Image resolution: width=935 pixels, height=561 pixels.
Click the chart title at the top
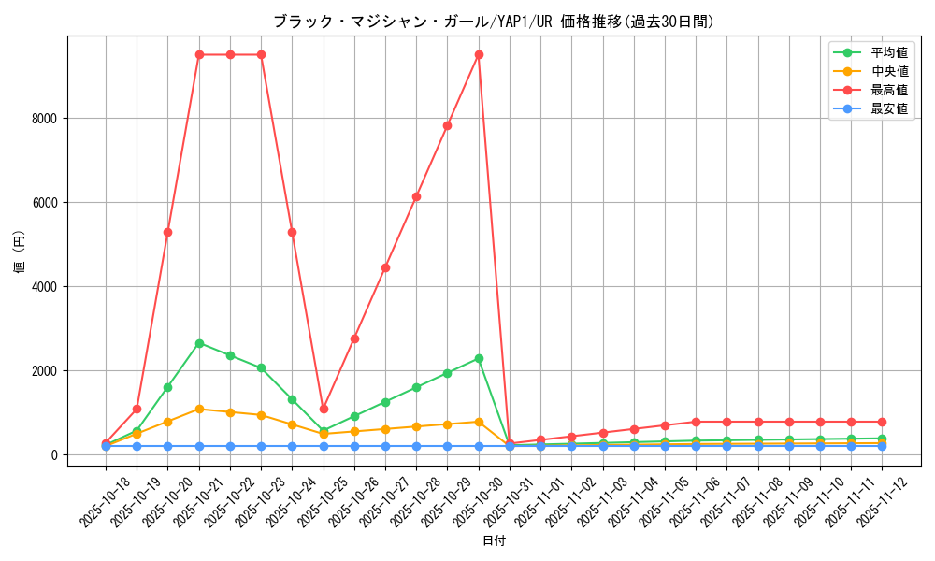point(494,21)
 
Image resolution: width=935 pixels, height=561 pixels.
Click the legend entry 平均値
point(889,53)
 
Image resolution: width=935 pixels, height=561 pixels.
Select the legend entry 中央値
point(889,72)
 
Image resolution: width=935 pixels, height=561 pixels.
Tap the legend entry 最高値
point(889,91)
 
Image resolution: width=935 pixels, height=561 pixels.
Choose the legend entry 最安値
point(889,109)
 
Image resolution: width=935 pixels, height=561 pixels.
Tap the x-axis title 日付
point(494,541)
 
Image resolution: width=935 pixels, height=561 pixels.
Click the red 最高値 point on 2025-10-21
point(199,54)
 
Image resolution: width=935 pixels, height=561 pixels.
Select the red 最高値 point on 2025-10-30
point(479,54)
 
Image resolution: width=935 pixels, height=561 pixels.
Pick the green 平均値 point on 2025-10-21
point(199,343)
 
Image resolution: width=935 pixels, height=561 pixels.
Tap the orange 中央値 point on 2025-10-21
point(199,409)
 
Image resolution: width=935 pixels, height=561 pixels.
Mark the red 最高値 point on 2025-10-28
point(416,196)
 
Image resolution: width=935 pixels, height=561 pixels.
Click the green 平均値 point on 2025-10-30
point(479,358)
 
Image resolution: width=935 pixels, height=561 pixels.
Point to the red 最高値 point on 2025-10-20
point(167,232)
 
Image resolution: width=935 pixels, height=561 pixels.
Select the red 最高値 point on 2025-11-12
point(882,422)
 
